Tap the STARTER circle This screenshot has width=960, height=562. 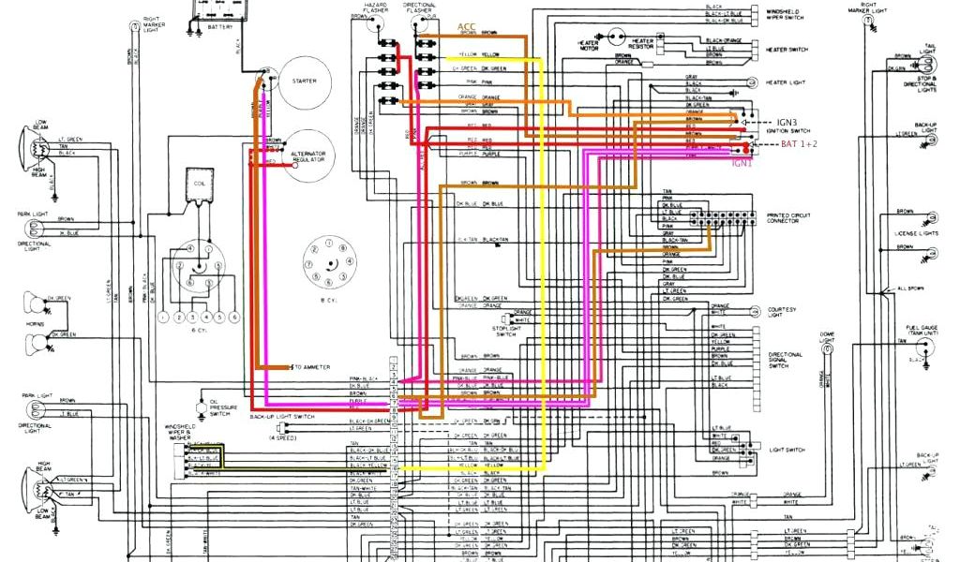(305, 81)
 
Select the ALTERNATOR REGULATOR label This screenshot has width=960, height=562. (308, 155)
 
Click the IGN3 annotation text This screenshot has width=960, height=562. (787, 122)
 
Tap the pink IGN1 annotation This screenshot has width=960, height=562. (742, 162)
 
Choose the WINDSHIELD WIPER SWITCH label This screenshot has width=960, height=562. (786, 14)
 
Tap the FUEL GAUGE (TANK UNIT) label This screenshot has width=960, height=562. (922, 330)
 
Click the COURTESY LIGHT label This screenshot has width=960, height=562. (782, 312)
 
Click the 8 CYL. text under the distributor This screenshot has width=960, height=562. (328, 301)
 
